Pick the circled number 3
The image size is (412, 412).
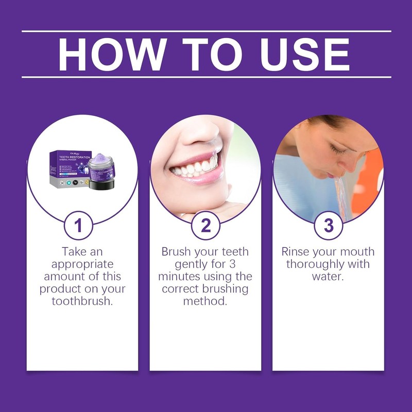click(x=328, y=225)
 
